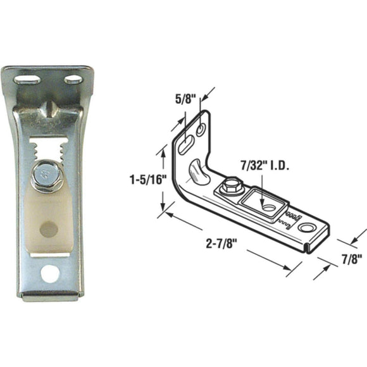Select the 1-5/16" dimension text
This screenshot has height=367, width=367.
pos(146,179)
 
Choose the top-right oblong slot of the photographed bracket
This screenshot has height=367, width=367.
pos(73,80)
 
